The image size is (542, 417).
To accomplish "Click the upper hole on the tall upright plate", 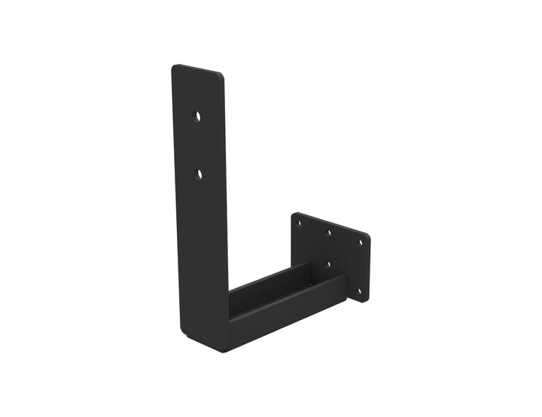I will click(198, 117).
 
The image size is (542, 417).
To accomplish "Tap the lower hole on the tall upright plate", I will click(199, 174).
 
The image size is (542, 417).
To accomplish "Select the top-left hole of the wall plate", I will click(300, 223).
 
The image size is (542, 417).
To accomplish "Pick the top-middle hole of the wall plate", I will click(329, 233).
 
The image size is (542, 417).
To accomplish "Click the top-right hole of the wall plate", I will click(359, 242).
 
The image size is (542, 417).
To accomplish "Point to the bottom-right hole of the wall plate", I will click(358, 291).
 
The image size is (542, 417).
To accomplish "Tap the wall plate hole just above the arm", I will click(328, 264).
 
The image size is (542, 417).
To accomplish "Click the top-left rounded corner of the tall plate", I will click(175, 68).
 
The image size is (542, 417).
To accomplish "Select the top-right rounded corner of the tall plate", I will click(220, 76).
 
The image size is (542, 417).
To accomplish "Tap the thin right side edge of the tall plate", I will click(226, 188).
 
